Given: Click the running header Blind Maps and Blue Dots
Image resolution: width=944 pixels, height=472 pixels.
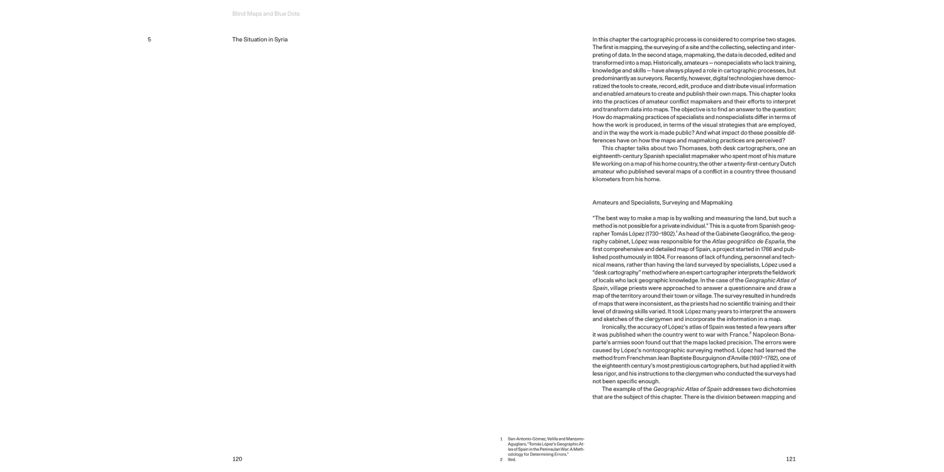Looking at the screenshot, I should click(x=266, y=14).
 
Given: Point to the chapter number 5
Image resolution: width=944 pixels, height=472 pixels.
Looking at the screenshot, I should click(x=149, y=40).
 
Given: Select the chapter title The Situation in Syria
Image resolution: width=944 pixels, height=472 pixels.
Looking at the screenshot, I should click(x=260, y=40).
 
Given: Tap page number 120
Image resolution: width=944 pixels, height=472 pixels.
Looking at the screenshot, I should click(x=237, y=459).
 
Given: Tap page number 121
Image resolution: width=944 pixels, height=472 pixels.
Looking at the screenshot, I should click(x=790, y=459).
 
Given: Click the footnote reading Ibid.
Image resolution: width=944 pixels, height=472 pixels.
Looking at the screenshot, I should click(x=512, y=459).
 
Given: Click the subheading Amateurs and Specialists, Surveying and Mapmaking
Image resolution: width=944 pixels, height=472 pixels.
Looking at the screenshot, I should click(x=662, y=203).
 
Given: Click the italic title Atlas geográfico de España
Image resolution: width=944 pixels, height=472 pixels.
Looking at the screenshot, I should click(x=748, y=241).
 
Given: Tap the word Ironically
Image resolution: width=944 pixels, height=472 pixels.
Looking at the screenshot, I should click(x=616, y=327).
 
